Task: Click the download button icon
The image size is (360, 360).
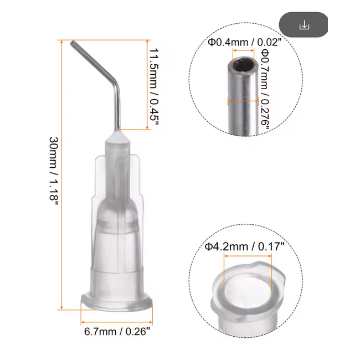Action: [x=304, y=25]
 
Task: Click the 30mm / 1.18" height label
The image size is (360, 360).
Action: [x=54, y=172]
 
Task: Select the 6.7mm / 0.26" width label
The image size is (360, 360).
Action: [x=117, y=332]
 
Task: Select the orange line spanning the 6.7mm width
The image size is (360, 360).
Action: [x=117, y=321]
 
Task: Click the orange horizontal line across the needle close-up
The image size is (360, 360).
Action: [x=243, y=101]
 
